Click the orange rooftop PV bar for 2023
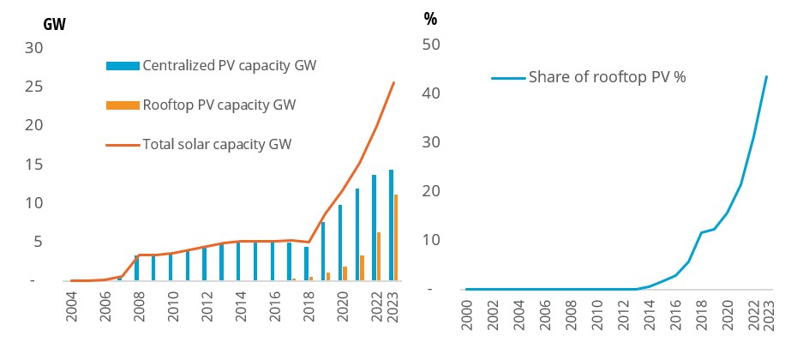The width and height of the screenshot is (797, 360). pos(396,237)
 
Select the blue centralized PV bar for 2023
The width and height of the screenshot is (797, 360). pos(391,225)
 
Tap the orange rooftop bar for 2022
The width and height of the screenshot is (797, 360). pos(378,256)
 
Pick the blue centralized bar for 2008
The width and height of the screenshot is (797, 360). pos(137,267)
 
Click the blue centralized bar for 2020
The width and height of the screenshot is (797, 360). pos(339,243)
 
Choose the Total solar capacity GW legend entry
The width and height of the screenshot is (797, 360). pos(217,143)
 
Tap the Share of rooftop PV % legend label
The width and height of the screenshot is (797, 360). pos(607,78)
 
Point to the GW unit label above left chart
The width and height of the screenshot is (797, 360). pos(55,24)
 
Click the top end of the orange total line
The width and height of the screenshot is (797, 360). pos(393,83)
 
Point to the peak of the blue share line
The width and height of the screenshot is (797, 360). pos(766,76)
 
